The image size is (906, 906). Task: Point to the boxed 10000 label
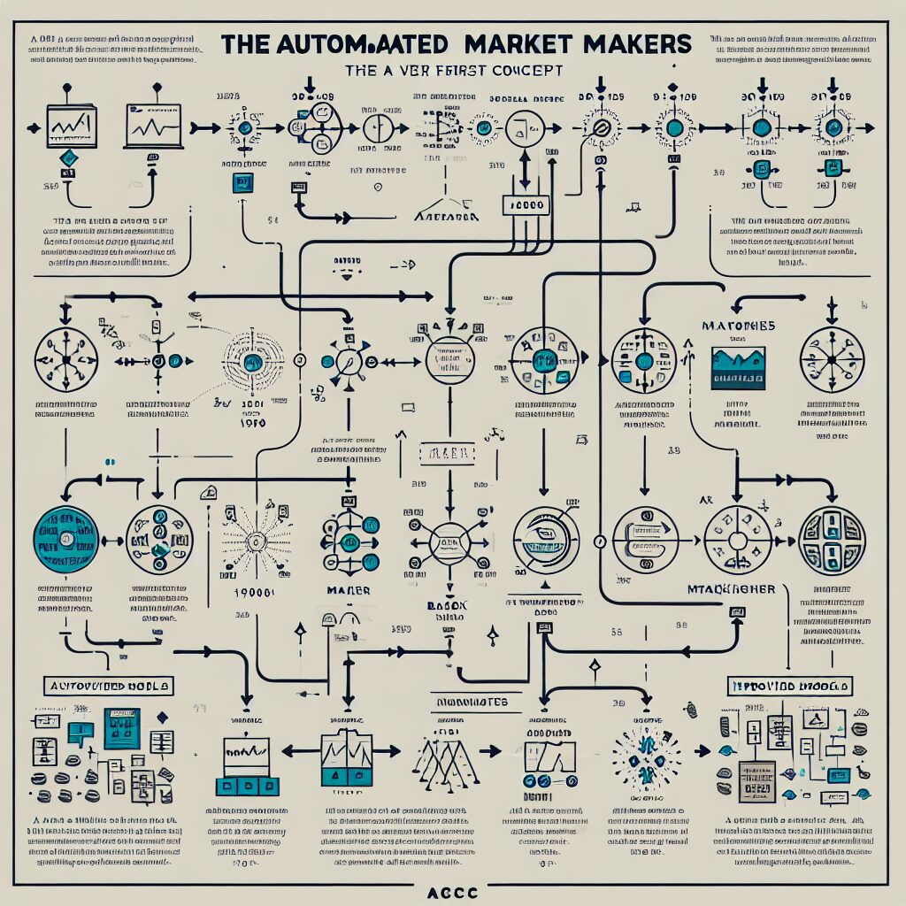tap(526, 205)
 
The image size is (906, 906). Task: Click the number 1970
tap(252, 423)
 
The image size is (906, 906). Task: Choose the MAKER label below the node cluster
tap(348, 590)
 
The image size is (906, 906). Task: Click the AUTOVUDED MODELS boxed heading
tap(109, 686)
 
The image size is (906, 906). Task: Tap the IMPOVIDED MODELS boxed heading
tap(789, 686)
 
